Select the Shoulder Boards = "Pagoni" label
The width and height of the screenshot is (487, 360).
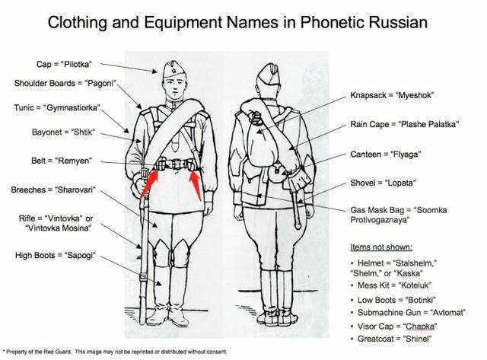point(55,83)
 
